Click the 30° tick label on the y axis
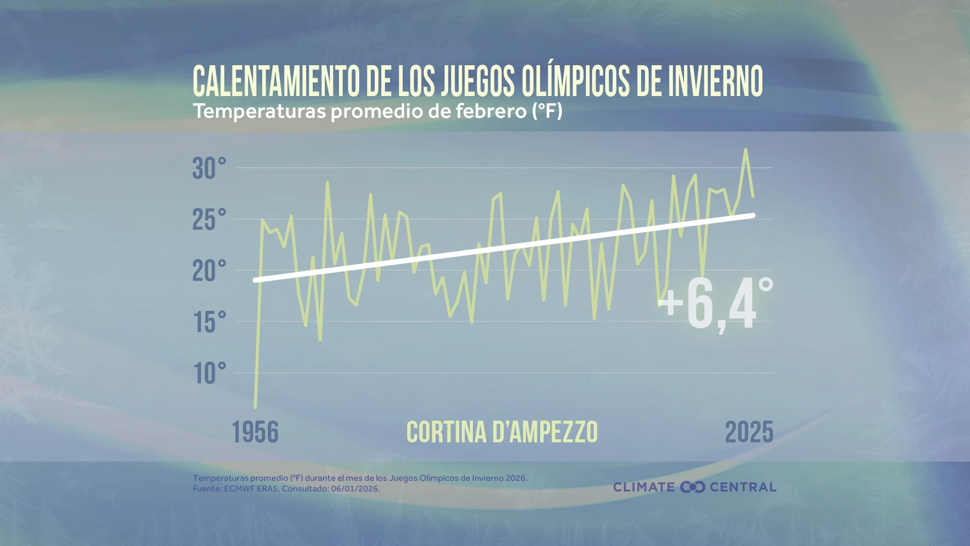click(x=209, y=169)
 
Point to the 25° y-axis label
click(x=209, y=220)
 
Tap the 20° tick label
click(x=209, y=271)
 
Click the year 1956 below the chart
click(x=255, y=433)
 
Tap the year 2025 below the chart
click(x=749, y=433)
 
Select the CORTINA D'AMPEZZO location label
click(x=502, y=433)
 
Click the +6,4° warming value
click(x=715, y=305)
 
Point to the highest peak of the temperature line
click(x=746, y=150)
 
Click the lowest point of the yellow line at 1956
click(x=255, y=406)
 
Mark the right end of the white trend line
click(x=753, y=216)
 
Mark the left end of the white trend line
click(x=255, y=280)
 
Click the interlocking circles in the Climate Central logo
click(x=692, y=487)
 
